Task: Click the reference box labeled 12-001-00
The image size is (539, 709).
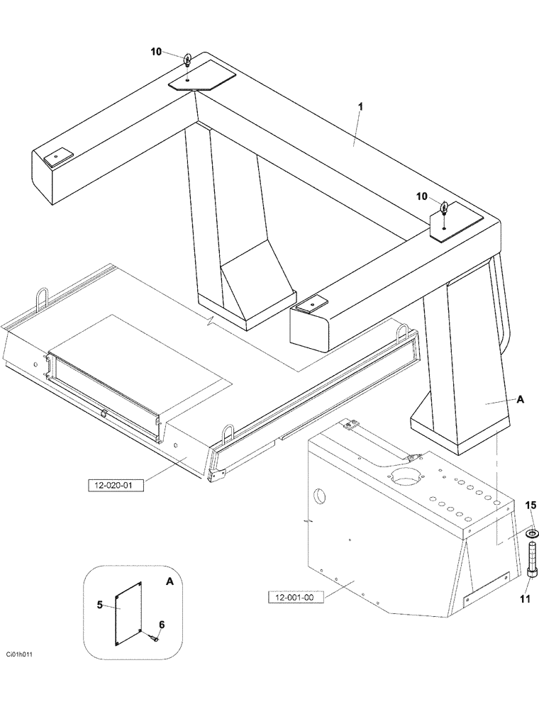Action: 296,597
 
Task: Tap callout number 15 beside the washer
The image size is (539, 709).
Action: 530,506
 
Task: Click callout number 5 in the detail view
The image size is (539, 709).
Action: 100,605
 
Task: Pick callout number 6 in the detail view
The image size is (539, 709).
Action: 162,625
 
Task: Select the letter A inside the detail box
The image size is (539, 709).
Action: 169,581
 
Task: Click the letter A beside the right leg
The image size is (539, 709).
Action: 520,400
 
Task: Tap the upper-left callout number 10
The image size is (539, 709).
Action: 156,52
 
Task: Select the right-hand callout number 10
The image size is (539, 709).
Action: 421,196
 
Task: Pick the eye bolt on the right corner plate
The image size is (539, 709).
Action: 443,208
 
